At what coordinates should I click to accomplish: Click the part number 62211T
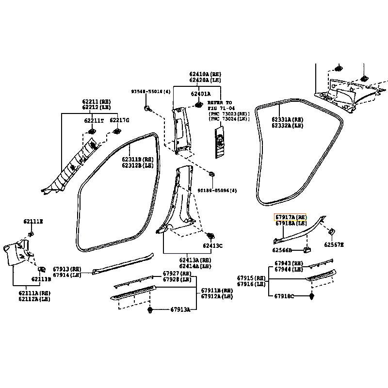[x=94, y=121]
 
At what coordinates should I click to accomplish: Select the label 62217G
[x=119, y=120]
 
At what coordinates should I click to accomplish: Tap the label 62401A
[x=200, y=94]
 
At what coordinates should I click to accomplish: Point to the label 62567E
[x=334, y=244]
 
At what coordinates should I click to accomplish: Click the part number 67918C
[x=284, y=296]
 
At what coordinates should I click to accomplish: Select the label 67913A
[x=180, y=309]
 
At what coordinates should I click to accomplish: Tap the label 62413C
[x=212, y=246]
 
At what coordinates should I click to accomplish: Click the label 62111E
[x=33, y=221]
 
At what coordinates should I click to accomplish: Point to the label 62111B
[x=41, y=279]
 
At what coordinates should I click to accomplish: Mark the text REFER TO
[x=220, y=103]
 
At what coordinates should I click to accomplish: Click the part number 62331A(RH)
[x=287, y=119]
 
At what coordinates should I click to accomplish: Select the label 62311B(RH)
[x=138, y=159]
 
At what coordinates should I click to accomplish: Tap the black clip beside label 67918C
[x=311, y=295]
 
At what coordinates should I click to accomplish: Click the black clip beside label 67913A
[x=150, y=309]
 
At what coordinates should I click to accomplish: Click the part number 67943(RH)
[x=289, y=263]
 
